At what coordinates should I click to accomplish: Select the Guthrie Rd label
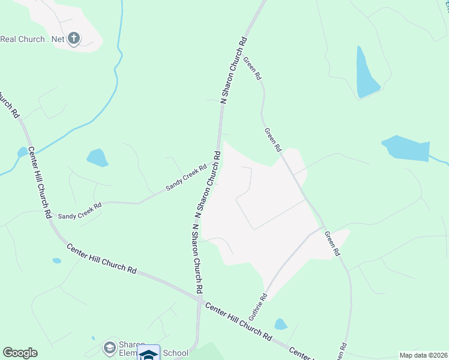[258, 306]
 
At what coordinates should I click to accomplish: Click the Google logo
[20, 353]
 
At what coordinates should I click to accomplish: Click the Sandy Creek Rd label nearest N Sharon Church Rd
[186, 179]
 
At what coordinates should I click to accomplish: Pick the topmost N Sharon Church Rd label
[234, 71]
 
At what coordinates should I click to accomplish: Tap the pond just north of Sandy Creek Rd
[97, 158]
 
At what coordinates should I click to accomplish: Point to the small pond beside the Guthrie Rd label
[280, 325]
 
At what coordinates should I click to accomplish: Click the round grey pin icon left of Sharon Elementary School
[109, 347]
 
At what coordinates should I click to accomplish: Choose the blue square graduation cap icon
[148, 353]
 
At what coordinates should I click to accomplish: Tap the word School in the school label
[176, 353]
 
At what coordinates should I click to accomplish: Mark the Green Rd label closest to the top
[253, 69]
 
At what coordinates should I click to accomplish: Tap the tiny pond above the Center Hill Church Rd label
[56, 261]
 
